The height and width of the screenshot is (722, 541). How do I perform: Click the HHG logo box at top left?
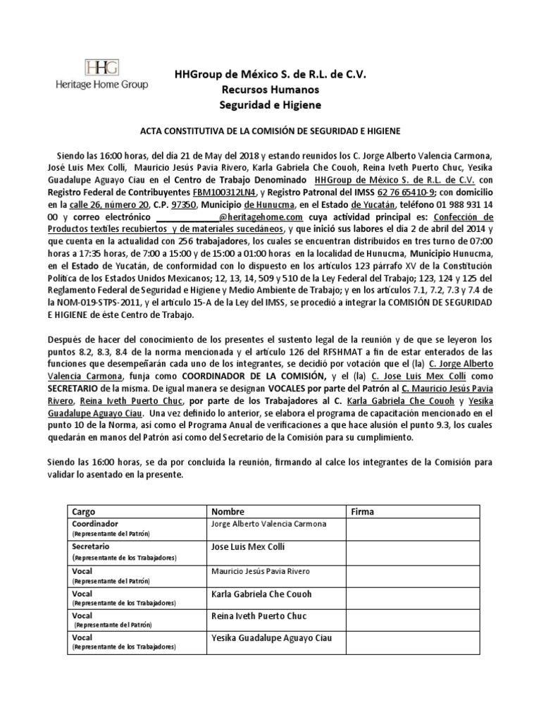click(101, 68)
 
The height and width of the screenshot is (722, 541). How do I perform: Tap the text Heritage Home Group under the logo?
click(101, 85)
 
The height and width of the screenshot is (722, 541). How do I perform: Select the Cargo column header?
click(85, 511)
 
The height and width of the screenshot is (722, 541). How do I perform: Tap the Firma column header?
click(362, 511)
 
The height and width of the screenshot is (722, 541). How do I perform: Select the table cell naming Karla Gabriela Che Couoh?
click(261, 594)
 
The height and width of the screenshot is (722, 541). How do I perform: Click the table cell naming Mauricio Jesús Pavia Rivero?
click(260, 570)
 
